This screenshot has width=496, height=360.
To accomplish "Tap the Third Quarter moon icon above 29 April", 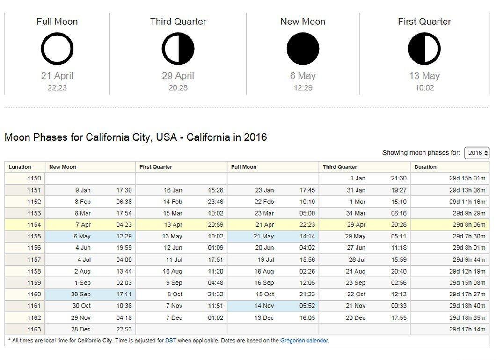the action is click(x=178, y=49).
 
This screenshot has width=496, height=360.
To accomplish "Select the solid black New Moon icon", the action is click(x=303, y=49).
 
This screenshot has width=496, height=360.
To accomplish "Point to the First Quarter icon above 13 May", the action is click(x=424, y=49).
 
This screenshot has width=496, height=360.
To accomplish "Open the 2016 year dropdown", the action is click(x=477, y=153).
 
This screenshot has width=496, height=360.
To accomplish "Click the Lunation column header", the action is click(x=20, y=167).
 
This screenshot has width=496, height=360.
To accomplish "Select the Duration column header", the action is click(x=425, y=167).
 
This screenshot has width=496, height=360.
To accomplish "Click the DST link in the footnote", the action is click(x=170, y=341).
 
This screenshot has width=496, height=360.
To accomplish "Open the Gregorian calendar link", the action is click(x=304, y=341).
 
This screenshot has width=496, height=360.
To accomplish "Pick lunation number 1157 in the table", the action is click(x=34, y=260).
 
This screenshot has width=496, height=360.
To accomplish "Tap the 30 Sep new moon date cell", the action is click(x=80, y=294).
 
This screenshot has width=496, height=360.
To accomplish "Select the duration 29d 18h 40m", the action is click(x=467, y=306).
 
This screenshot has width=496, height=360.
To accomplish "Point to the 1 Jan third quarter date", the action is click(x=358, y=178).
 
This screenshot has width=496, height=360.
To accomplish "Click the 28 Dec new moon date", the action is click(x=80, y=329).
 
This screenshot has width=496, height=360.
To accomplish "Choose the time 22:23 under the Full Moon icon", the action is click(x=57, y=88).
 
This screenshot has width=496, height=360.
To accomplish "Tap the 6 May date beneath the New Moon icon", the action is click(x=303, y=76).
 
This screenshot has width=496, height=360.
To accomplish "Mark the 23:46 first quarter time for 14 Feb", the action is click(x=215, y=202).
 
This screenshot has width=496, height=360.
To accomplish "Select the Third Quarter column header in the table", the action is click(x=340, y=167).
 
